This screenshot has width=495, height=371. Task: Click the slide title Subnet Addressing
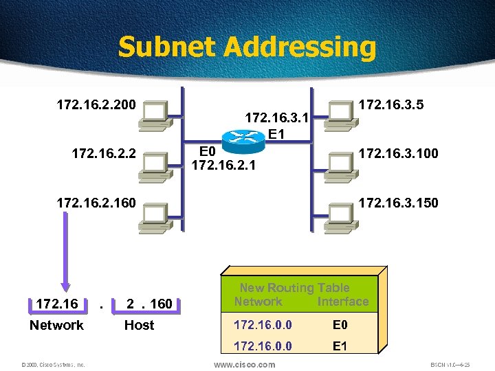(x=247, y=47)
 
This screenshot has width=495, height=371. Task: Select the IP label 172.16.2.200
(x=96, y=106)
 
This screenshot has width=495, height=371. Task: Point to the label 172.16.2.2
(x=104, y=153)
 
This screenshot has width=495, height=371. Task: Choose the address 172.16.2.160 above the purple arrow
(x=96, y=203)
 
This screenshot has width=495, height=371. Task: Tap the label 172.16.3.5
(x=391, y=105)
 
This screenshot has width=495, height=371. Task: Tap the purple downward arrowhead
(x=65, y=287)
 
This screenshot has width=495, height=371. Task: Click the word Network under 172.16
(x=56, y=325)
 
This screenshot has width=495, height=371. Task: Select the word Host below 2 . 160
(x=139, y=325)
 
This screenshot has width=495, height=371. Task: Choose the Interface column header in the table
(x=343, y=302)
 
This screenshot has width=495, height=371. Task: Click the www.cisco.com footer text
(x=245, y=364)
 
